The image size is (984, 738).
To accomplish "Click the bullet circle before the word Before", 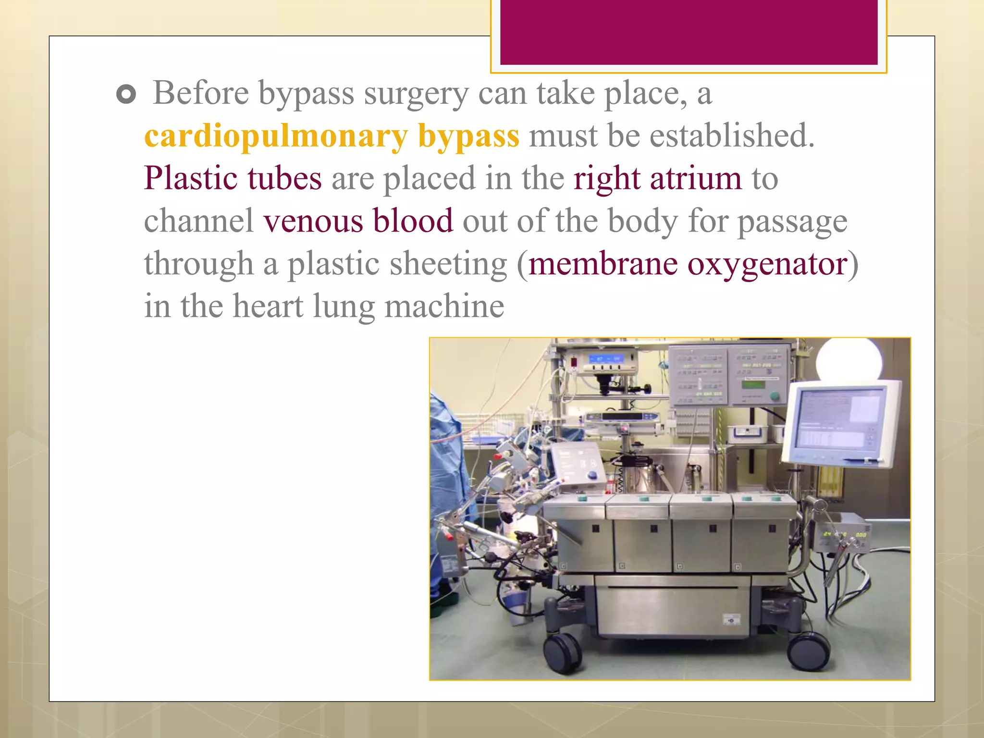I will (126, 95).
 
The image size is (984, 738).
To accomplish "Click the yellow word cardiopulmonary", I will (276, 136).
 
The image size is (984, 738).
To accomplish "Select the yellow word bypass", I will (468, 136).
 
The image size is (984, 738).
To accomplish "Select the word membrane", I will (603, 264).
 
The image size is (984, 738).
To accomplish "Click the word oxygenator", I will (767, 264).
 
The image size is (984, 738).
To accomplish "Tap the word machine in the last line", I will (444, 307).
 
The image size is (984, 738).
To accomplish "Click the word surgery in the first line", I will (416, 94).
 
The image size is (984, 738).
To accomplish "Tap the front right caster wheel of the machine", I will (808, 651).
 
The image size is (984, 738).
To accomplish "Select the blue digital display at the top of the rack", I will (606, 359).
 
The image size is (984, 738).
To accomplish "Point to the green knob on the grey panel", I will (775, 396).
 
